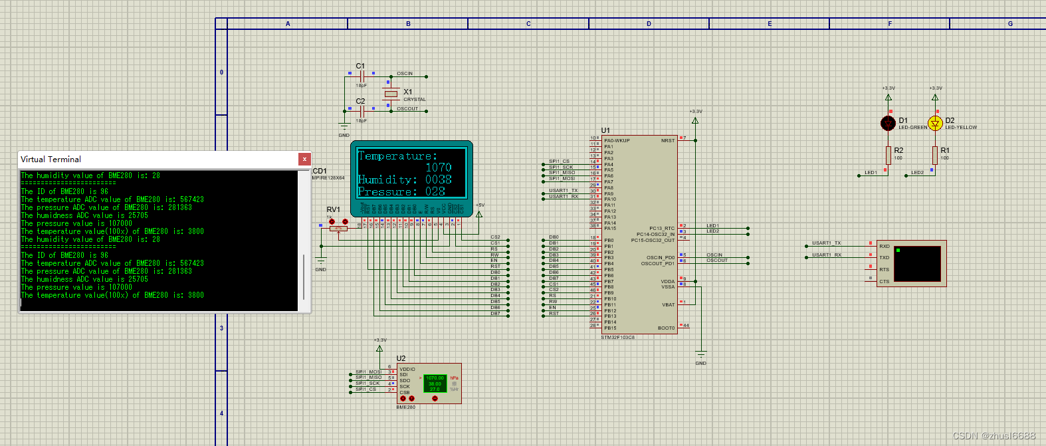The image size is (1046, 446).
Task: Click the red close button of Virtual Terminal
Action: coord(304,159)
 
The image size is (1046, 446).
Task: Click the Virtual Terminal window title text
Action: coord(51,160)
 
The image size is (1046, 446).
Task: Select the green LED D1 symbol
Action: coord(888,122)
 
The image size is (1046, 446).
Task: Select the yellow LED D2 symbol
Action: coord(935,123)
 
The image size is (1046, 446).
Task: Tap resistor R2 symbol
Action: coord(889,156)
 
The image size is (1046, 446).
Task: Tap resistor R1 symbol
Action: coord(935,156)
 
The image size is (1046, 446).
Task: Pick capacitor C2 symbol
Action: coord(362,111)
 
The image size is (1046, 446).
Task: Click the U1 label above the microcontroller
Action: coord(605,130)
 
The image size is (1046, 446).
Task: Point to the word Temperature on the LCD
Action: coord(397,156)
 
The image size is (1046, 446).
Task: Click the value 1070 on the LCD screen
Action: coord(438,167)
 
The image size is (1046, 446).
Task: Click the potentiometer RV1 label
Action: coord(333,209)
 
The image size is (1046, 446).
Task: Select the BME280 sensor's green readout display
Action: coord(435,384)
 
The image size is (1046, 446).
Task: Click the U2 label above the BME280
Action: coord(401,358)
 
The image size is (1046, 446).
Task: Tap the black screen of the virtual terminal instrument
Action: coord(918,263)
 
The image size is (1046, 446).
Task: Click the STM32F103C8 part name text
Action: coord(618,338)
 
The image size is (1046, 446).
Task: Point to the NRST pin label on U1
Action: coord(667,140)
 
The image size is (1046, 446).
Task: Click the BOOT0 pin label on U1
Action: coord(666,328)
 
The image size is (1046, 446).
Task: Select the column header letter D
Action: coord(649,24)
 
